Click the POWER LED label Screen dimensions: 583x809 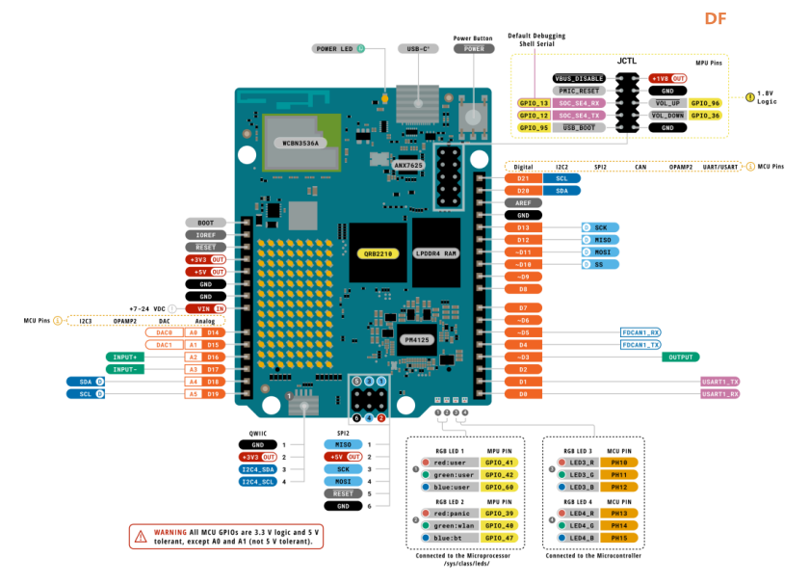point(334,48)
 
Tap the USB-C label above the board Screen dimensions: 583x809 point(419,48)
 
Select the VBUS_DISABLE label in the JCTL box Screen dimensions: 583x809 point(579,78)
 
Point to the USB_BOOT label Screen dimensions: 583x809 point(579,127)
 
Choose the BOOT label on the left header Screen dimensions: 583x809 point(206,223)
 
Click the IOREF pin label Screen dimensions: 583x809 point(206,235)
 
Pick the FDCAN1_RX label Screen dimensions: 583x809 point(640,332)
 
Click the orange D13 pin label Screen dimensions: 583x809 point(523,227)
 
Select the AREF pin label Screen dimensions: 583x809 point(523,203)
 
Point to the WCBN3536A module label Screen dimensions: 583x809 point(300,143)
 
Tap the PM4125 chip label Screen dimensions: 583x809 point(417,339)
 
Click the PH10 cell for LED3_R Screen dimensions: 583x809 point(618,464)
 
